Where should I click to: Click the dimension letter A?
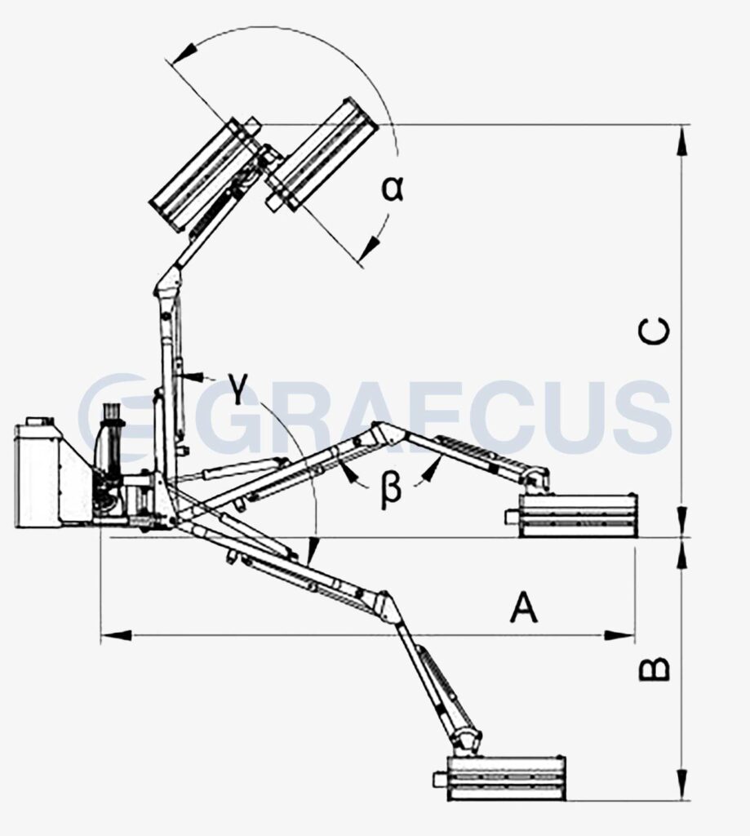pos(523,607)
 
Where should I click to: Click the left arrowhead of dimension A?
pos(116,635)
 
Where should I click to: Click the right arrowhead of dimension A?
pos(619,635)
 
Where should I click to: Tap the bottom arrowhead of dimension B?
pos(681,785)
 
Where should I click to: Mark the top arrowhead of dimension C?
pos(681,140)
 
